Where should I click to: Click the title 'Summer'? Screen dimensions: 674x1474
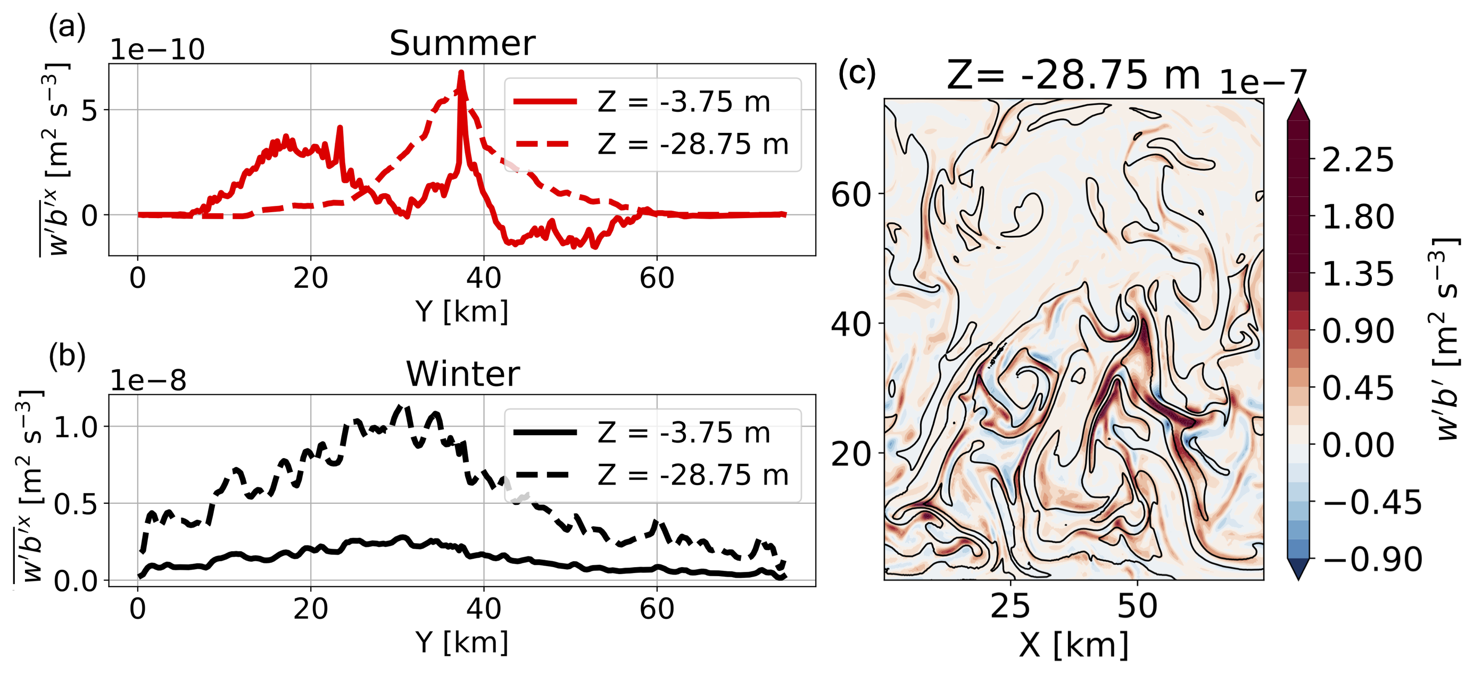point(462,44)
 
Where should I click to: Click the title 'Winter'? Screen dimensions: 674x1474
point(463,374)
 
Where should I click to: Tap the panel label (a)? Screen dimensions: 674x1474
point(67,27)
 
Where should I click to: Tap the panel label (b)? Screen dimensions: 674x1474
point(67,356)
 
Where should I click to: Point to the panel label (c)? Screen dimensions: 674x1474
point(857,73)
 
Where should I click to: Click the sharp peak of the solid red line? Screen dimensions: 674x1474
point(461,73)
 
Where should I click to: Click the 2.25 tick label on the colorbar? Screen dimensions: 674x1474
point(1358,160)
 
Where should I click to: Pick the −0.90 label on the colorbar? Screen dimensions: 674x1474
point(1372,559)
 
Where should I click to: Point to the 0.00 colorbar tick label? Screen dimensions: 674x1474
point(1358,445)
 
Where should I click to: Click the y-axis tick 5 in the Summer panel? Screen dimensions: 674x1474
point(89,110)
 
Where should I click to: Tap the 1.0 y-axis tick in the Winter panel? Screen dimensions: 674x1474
point(76,427)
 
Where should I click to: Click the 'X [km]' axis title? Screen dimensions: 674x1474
point(1073,646)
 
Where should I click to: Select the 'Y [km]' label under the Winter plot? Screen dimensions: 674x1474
point(462,642)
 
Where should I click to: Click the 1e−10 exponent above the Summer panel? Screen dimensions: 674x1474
point(158,50)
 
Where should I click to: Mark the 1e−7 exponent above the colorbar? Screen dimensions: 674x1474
point(1263,82)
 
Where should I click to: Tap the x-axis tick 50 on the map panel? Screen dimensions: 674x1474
point(1137,606)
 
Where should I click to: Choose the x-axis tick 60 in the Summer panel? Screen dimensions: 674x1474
point(656,279)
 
